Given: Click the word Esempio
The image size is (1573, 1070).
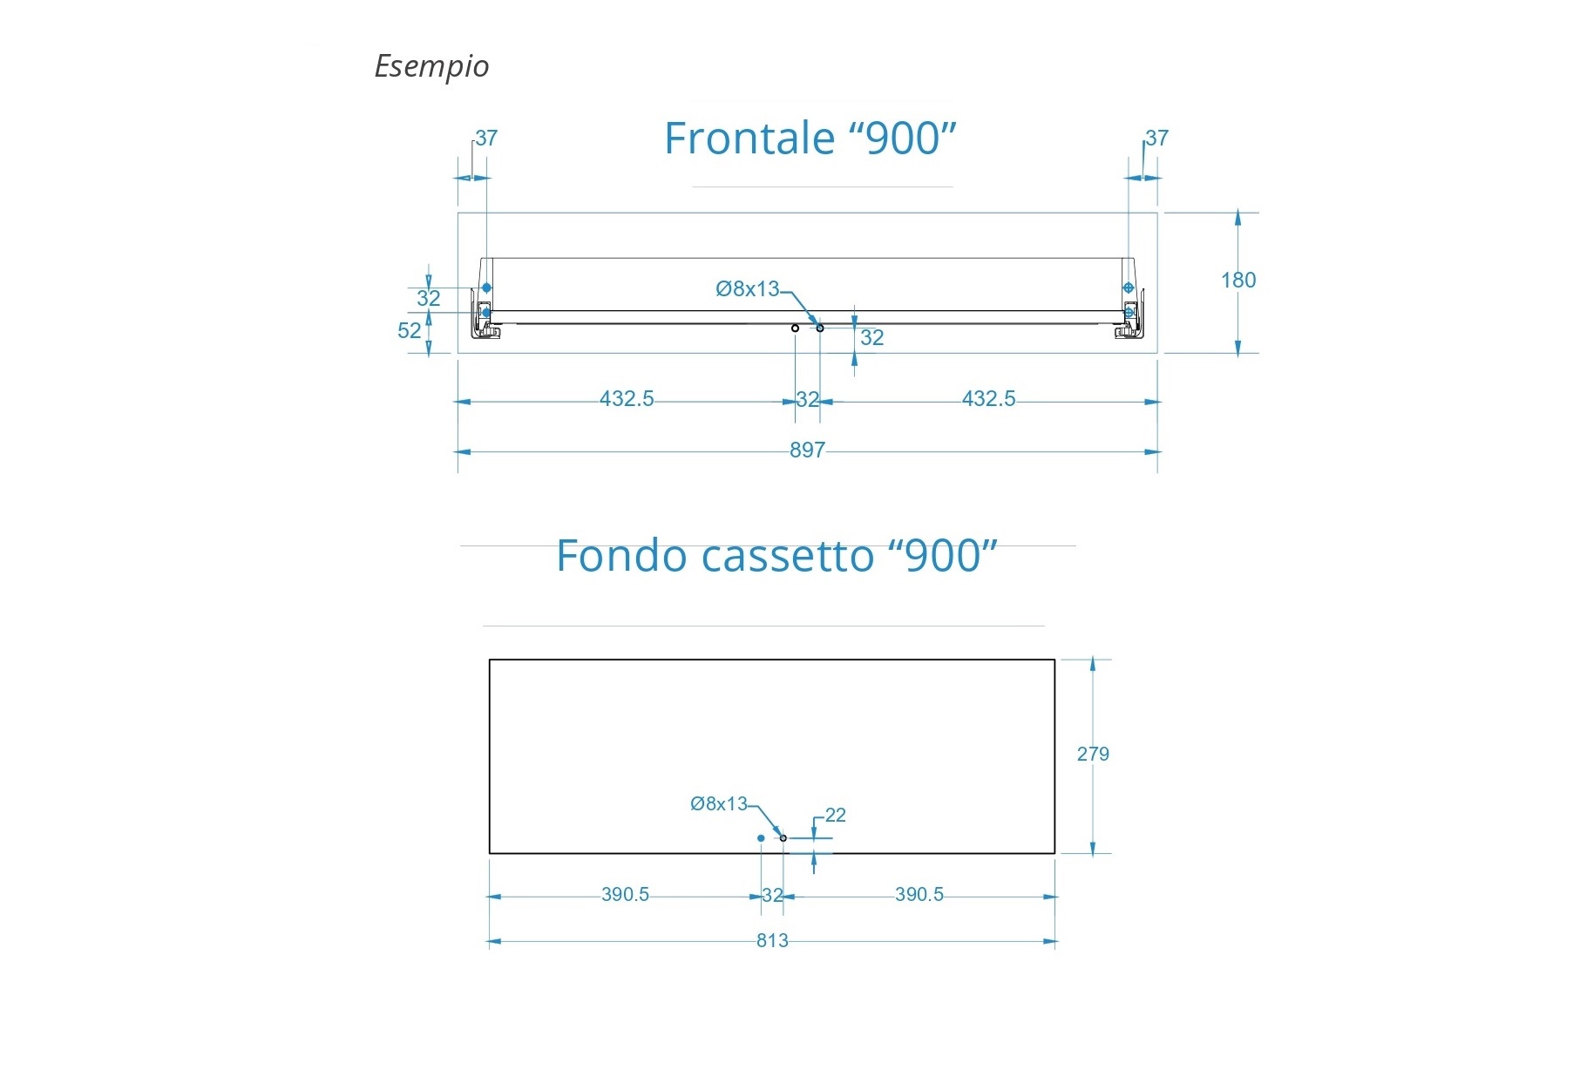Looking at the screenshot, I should coord(431,66).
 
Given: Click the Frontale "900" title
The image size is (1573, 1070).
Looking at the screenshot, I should coord(810,139).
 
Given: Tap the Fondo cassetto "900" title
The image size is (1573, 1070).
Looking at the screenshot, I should coord(776,556).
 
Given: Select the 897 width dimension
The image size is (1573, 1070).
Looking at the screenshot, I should coord(807,450).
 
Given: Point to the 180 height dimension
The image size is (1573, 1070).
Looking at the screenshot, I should coord(1237,281).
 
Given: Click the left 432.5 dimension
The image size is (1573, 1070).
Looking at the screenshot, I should coord(627,399).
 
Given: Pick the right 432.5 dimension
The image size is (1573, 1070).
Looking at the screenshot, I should coord(988,399).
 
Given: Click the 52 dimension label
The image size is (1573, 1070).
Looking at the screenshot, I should coord(409,331).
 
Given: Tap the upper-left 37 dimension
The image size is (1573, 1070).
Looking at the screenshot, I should coord(485,139).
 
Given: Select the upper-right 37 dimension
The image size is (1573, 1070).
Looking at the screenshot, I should coord(1156,139).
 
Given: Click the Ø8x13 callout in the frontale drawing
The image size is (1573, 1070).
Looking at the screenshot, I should coord(747,289).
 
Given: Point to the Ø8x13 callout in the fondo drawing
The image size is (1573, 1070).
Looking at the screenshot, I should coord(719,804).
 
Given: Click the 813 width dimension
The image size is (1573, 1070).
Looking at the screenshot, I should coord(772,941).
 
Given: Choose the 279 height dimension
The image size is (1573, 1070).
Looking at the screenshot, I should coord(1093,755).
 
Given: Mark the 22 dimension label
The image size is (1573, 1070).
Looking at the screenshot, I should coord(835,816).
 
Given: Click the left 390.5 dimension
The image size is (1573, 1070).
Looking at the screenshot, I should coord(625,895).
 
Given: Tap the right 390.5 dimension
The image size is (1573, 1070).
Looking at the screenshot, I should coord(919,895).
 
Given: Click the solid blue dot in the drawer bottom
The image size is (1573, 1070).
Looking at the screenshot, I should coord(761,838).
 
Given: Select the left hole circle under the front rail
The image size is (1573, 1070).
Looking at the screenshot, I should coord(795,328).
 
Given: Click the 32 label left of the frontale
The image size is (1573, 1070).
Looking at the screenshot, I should coord(428,299).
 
